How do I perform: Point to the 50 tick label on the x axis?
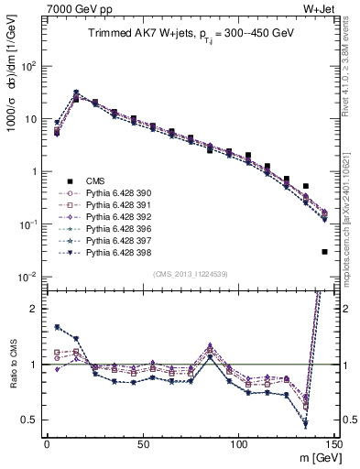click(x=143, y=444)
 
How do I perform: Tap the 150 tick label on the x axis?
click(x=333, y=444)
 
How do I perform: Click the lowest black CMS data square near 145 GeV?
click(x=325, y=252)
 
